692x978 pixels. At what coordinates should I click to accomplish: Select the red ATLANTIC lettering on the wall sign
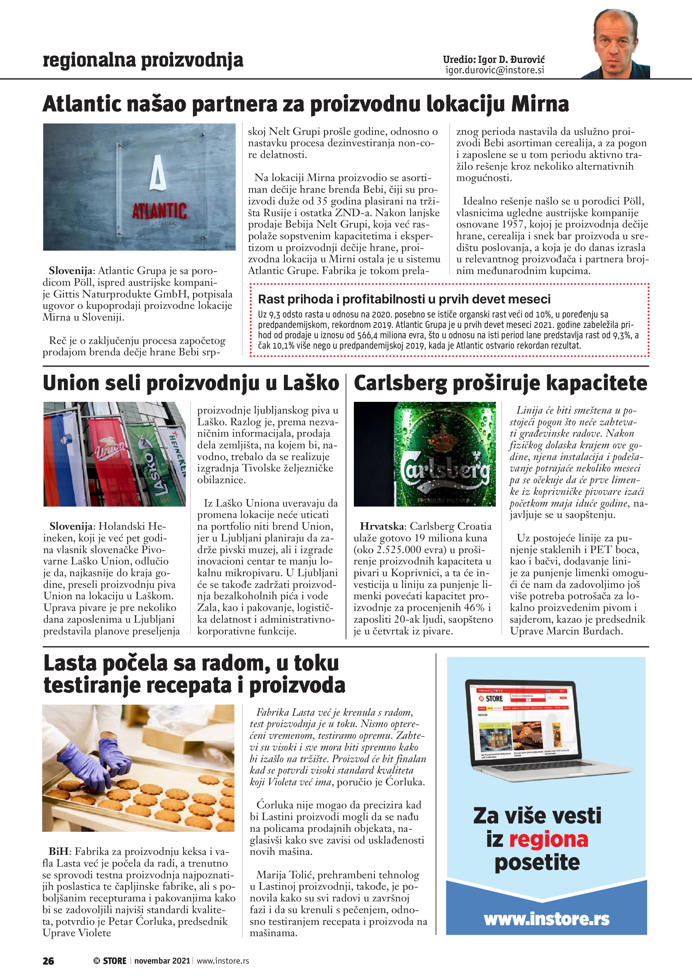159,211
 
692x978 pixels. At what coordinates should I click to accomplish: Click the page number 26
49,961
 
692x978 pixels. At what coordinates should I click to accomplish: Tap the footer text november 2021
162,961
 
